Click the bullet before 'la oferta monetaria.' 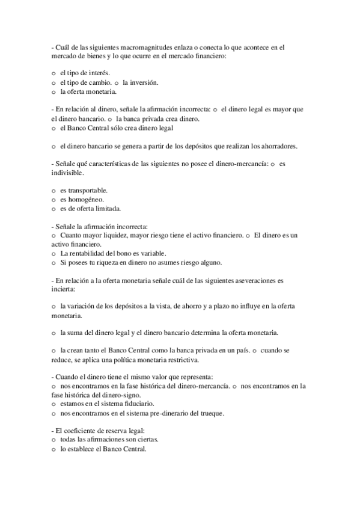coord(53,92)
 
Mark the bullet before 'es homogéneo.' coord(53,200)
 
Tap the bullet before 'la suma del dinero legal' coord(53,333)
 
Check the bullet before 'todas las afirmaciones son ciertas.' coord(53,440)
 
